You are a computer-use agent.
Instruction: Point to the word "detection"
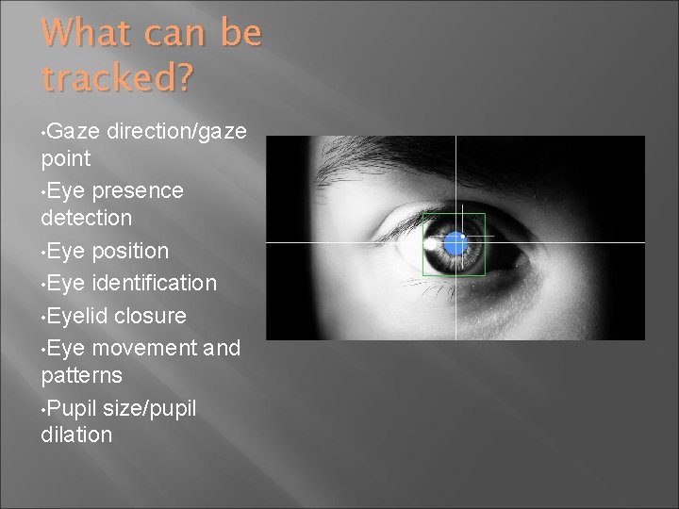[x=87, y=218]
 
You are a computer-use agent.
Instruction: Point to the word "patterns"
[x=81, y=374]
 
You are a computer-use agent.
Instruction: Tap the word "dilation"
[x=77, y=435]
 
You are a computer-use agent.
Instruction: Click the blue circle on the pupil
[x=455, y=243]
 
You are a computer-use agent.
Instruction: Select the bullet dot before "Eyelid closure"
[x=43, y=315]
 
